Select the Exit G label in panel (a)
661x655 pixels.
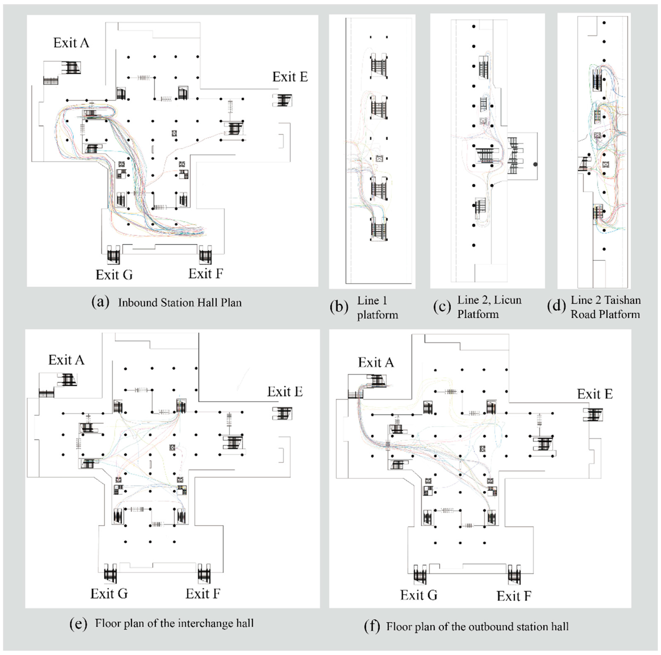114,275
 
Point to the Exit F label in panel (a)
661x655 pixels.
206,274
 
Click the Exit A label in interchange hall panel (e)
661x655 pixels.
66,360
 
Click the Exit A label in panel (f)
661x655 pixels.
376,363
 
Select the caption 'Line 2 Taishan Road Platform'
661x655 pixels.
605,307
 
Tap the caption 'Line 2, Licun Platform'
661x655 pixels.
489,307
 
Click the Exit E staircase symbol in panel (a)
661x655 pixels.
282,100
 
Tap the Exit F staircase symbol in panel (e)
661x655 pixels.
204,574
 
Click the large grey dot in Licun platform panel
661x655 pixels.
535,164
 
